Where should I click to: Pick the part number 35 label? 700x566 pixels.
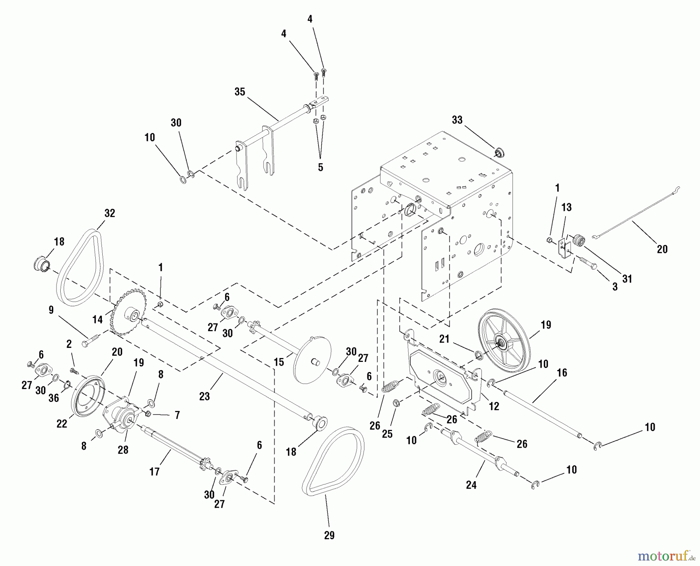(x=240, y=92)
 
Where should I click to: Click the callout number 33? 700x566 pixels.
(x=457, y=120)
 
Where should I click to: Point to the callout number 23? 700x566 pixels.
(x=205, y=396)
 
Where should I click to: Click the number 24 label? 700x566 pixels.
(x=471, y=485)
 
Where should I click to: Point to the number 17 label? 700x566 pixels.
(x=154, y=472)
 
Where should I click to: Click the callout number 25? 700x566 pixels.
(x=387, y=434)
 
